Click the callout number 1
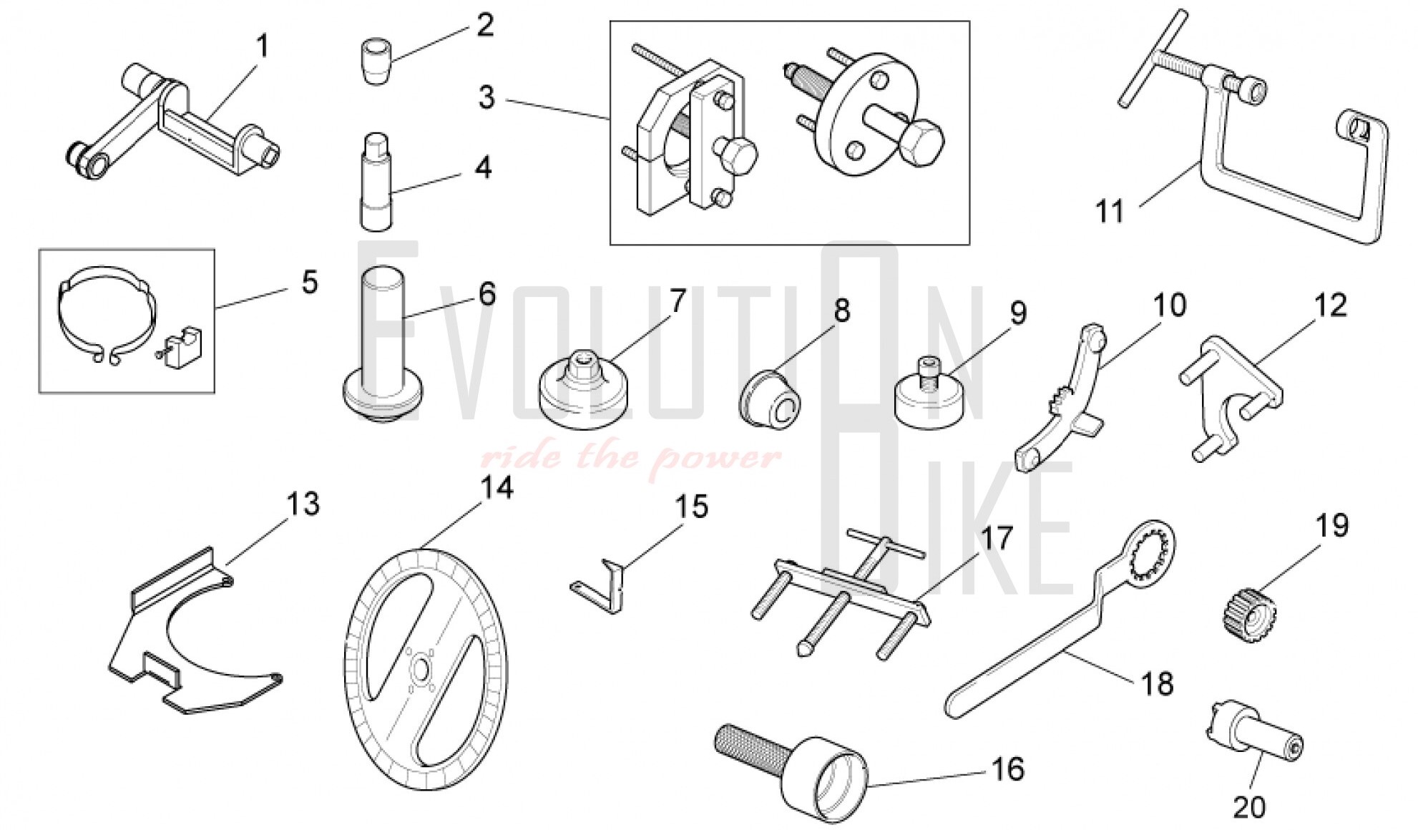tap(263, 47)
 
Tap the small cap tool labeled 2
tap(376, 64)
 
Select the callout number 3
tap(486, 97)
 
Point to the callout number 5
tap(309, 282)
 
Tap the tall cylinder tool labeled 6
tap(383, 343)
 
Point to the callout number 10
tap(1168, 306)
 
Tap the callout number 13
tap(303, 504)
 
